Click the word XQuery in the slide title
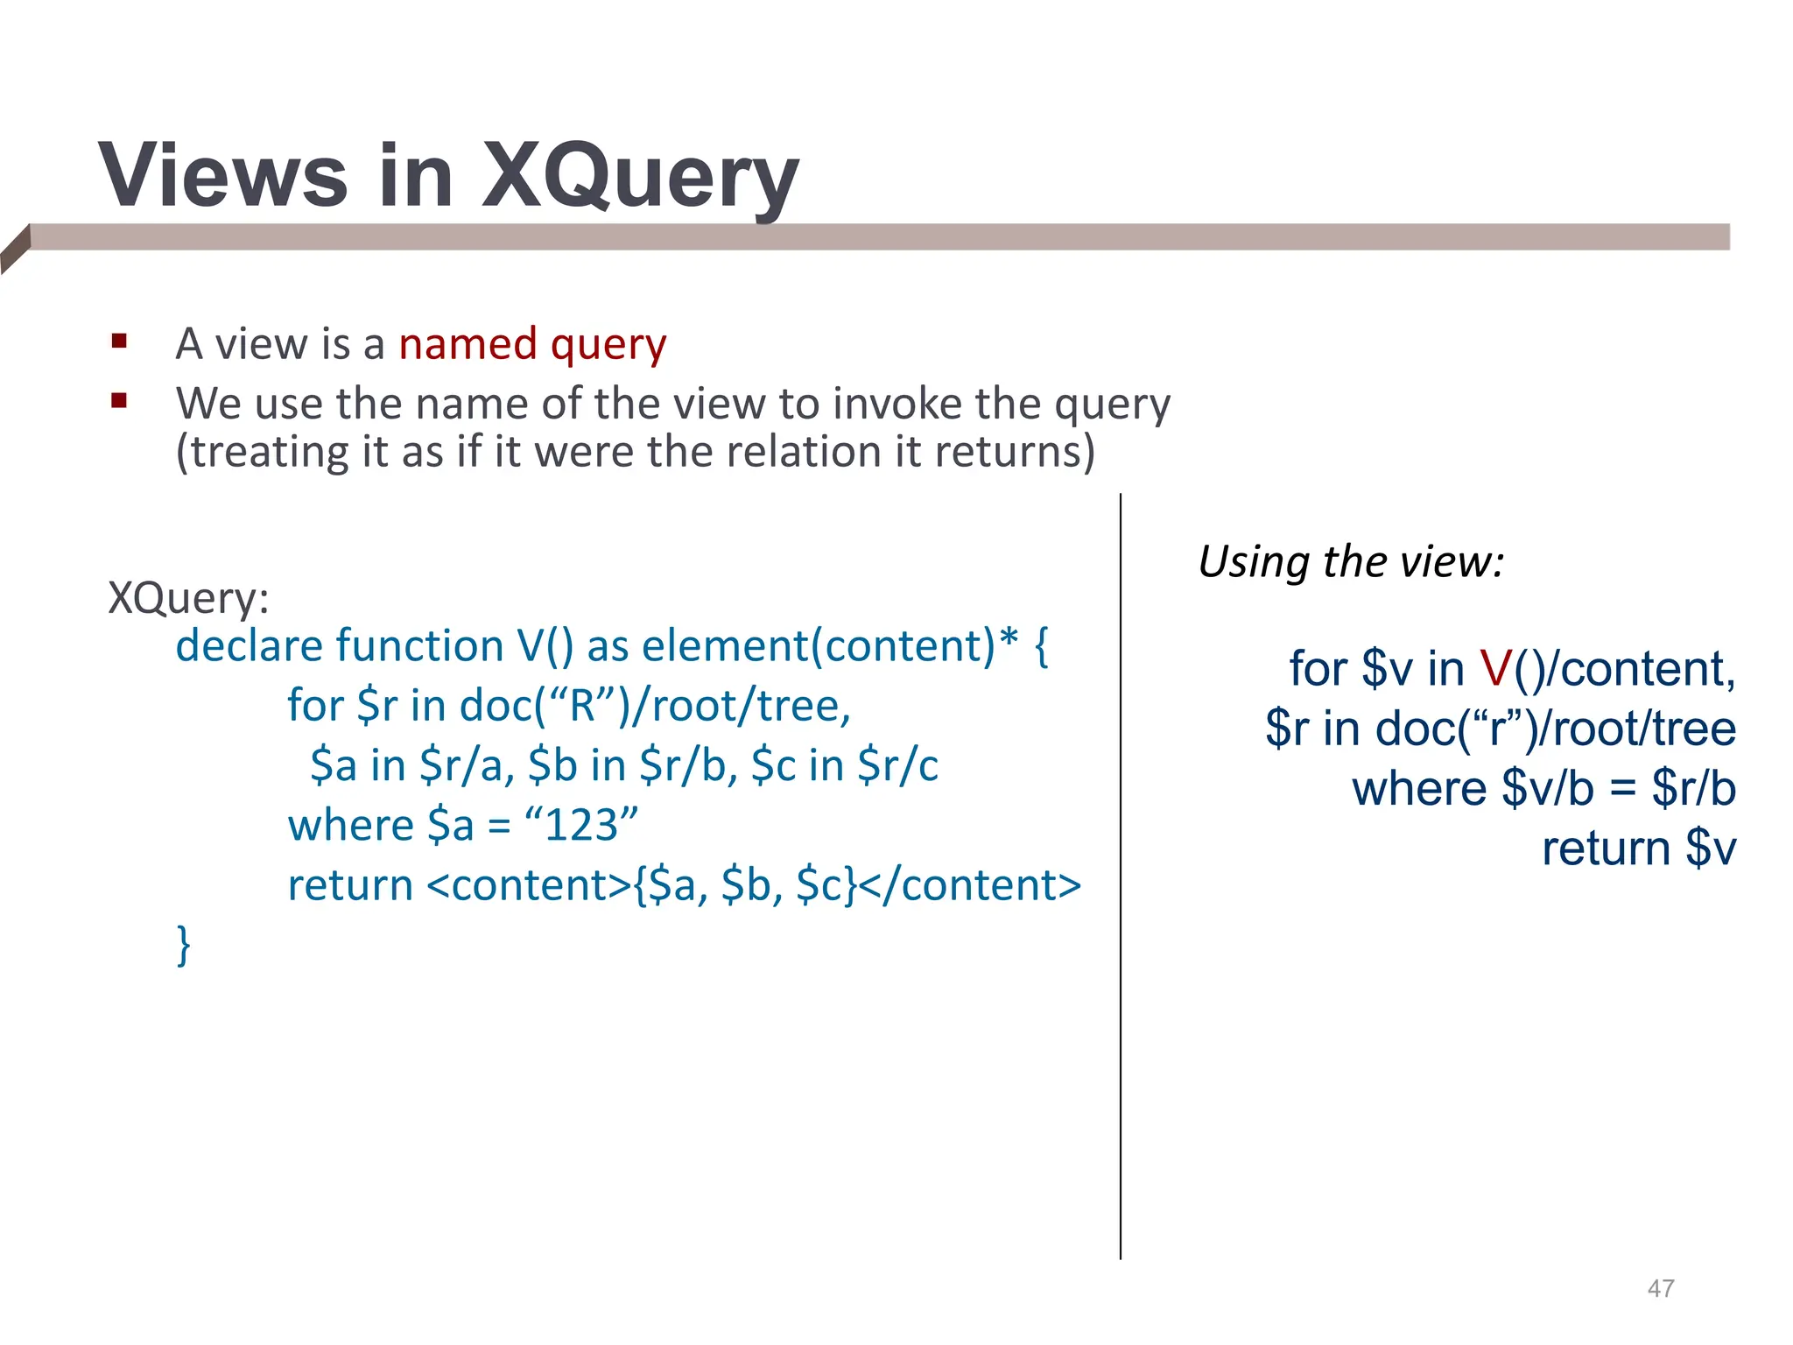(x=639, y=178)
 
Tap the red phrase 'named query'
(x=532, y=343)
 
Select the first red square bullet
(x=120, y=341)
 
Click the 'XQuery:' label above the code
(x=188, y=598)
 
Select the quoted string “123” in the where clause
(x=581, y=825)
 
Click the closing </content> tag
(x=970, y=885)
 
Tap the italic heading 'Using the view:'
(x=1351, y=561)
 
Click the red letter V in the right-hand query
(x=1495, y=669)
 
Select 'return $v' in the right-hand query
(x=1638, y=849)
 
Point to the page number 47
(x=1661, y=1288)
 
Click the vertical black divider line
(x=1121, y=876)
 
